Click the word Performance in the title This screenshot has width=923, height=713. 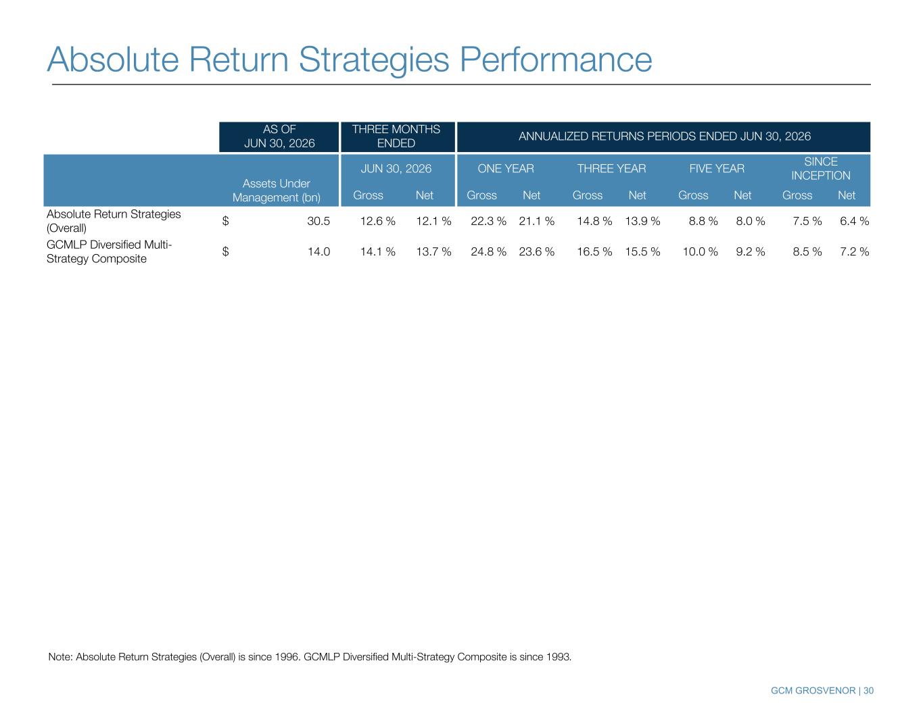point(556,60)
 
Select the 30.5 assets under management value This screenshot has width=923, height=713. point(318,221)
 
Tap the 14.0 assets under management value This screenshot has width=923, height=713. point(319,251)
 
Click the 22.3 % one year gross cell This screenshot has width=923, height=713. point(488,221)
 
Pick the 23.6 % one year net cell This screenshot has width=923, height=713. point(536,251)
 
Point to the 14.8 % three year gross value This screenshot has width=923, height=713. point(594,221)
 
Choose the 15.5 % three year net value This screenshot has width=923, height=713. point(642,251)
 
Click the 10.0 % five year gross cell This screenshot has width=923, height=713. point(700,251)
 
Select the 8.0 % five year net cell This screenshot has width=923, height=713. point(751,221)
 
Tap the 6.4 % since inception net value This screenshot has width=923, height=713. point(855,221)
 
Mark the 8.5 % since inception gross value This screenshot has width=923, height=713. point(807,251)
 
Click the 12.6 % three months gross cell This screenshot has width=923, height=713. point(377,221)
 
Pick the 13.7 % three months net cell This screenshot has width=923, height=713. point(433,251)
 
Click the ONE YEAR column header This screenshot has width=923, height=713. point(506,168)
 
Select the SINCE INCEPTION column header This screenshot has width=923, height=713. point(821,168)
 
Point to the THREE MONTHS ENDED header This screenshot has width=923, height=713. point(396,137)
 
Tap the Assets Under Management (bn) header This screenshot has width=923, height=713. point(276,191)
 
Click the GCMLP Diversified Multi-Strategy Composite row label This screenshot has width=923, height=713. point(109,251)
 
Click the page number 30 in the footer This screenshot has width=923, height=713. point(868,691)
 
